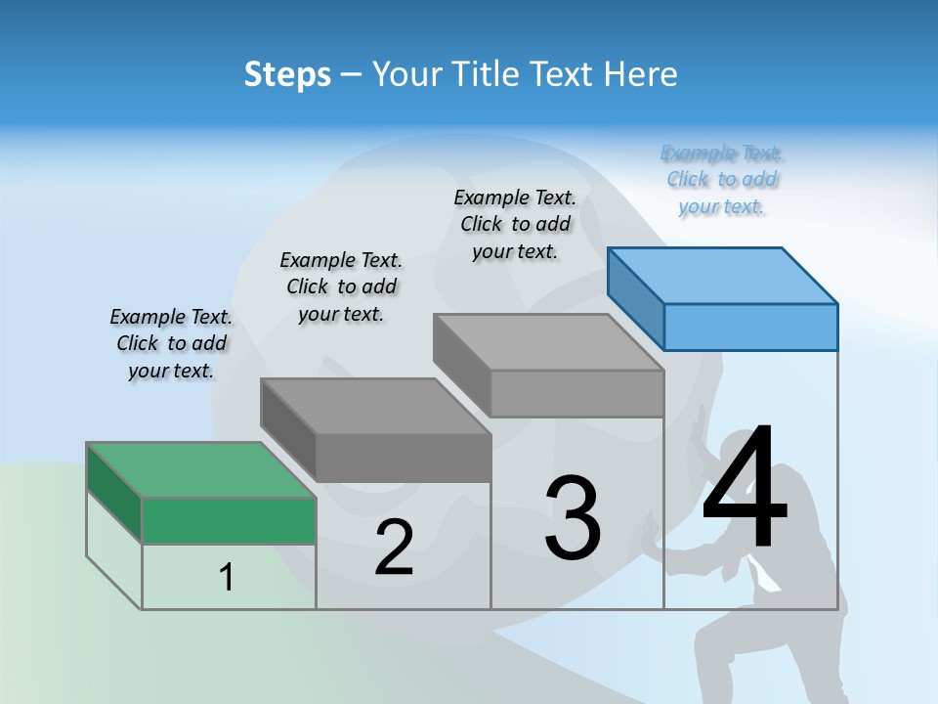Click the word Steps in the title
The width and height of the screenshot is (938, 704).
[287, 74]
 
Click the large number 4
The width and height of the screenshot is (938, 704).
[745, 489]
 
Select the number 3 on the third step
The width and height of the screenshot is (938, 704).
[573, 518]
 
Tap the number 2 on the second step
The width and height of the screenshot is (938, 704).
[394, 548]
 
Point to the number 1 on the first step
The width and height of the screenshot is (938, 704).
[226, 577]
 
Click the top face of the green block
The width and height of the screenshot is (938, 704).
[200, 469]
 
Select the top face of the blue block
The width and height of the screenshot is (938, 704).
[722, 275]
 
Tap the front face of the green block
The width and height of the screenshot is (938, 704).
[229, 520]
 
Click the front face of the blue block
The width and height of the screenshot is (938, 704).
[750, 327]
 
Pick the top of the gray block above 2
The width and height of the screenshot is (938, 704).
[375, 406]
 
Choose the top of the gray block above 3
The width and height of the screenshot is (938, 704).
[548, 341]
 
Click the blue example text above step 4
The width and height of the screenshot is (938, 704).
[722, 180]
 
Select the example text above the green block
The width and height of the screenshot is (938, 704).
[171, 343]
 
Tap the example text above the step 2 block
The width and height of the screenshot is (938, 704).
[341, 286]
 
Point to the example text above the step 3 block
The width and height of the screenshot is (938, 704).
[515, 224]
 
